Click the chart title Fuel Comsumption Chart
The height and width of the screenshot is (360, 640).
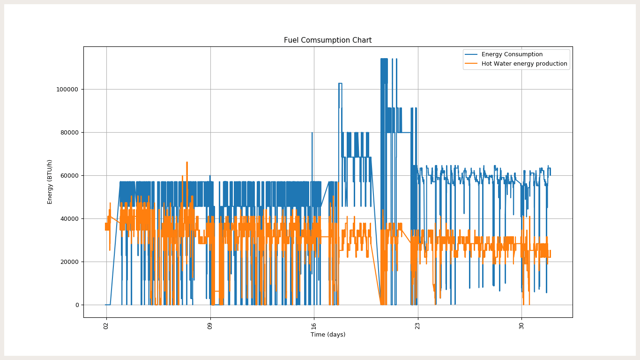327,40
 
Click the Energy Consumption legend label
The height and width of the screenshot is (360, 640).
512,54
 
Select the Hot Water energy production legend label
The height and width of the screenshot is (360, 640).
524,64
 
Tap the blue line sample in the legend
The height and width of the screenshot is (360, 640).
472,54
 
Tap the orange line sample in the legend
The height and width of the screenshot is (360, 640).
472,64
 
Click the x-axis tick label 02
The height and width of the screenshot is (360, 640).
106,324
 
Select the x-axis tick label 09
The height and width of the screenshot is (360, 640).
210,324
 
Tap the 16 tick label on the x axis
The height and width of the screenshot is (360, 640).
313,324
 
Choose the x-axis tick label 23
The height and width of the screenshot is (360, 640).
417,324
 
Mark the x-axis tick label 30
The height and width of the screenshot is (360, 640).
521,324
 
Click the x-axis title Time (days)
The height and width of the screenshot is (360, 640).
327,335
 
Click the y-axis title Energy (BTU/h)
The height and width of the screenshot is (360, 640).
50,182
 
